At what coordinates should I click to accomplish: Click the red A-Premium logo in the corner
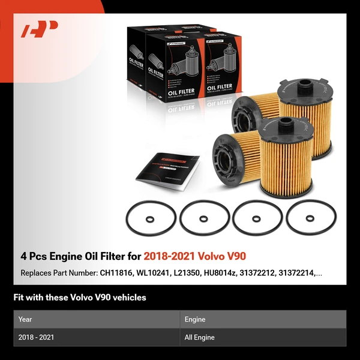click(x=39, y=29)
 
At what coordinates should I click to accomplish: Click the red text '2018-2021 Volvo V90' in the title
click(x=194, y=256)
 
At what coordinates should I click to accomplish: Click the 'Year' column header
click(x=25, y=319)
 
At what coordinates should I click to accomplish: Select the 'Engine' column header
click(x=196, y=319)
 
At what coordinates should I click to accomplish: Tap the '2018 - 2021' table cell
click(x=36, y=337)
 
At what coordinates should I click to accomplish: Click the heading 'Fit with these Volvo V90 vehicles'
click(x=79, y=297)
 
